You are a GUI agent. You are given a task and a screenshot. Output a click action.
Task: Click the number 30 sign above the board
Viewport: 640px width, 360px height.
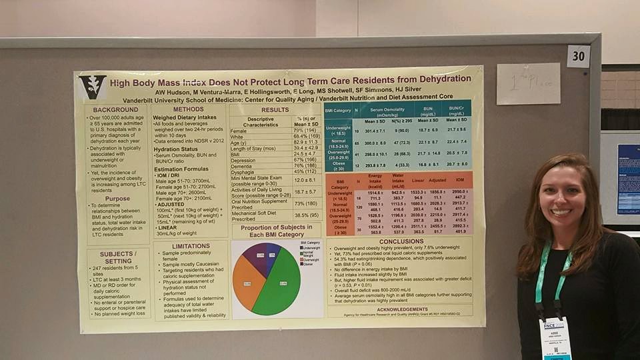pyautogui.click(x=578, y=57)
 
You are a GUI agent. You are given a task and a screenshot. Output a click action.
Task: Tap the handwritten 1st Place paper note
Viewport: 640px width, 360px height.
pyautogui.click(x=528, y=84)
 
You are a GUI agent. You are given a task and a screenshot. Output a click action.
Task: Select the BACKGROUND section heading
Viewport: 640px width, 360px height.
pyautogui.click(x=115, y=110)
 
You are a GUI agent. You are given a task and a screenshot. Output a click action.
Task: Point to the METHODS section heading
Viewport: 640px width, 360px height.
pyautogui.click(x=188, y=109)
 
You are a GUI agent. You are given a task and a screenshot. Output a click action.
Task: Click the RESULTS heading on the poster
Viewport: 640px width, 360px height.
pyautogui.click(x=275, y=110)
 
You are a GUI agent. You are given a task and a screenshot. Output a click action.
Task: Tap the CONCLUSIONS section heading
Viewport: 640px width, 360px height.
pyautogui.click(x=401, y=242)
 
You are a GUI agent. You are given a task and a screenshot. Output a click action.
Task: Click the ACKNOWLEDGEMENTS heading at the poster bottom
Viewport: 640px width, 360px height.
pyautogui.click(x=401, y=309)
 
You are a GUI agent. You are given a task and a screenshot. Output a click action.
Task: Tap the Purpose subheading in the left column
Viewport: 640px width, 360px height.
pyautogui.click(x=117, y=198)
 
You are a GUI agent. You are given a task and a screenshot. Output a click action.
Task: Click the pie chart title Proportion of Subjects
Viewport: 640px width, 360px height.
pyautogui.click(x=276, y=231)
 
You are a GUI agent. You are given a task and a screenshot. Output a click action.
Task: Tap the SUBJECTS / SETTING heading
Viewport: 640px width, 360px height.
pyautogui.click(x=117, y=258)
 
